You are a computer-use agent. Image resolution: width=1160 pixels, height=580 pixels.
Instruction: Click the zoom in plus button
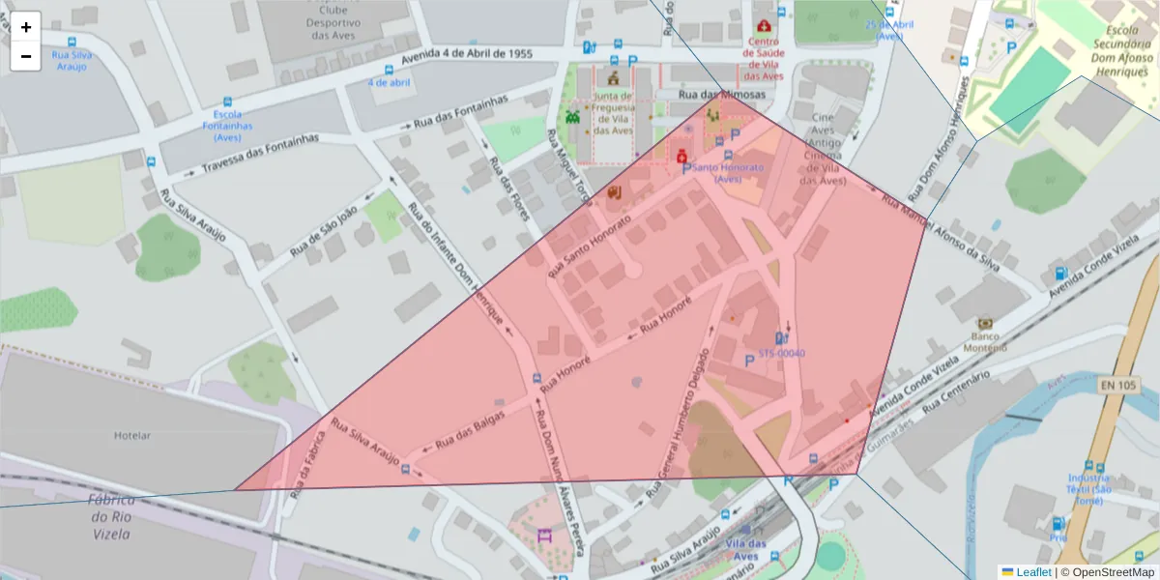(x=26, y=27)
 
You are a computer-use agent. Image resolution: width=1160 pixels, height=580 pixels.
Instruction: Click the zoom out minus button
(x=26, y=56)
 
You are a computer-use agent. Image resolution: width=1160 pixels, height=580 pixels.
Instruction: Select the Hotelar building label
(x=132, y=435)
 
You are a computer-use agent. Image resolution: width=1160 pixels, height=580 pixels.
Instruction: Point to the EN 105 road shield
(x=1117, y=386)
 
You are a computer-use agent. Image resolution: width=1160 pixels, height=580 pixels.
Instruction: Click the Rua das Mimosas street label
(x=722, y=95)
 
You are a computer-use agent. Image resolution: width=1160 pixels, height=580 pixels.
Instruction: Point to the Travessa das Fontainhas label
(x=260, y=156)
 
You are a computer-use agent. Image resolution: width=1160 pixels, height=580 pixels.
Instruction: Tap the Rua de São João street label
(x=324, y=231)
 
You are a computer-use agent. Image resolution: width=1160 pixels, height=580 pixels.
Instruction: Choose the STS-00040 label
(x=781, y=353)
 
